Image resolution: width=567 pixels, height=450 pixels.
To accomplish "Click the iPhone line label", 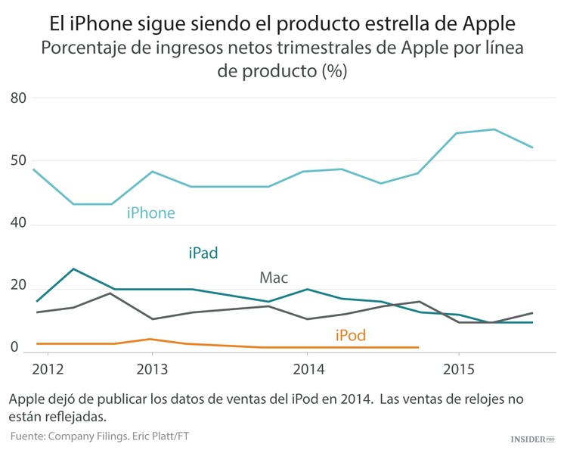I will click(x=150, y=213).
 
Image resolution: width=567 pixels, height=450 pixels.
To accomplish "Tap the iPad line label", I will click(x=203, y=253).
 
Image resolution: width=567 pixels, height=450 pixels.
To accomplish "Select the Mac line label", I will click(x=274, y=278).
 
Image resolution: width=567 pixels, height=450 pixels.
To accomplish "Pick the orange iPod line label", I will click(x=350, y=335).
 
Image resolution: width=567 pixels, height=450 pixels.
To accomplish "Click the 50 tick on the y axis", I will click(x=19, y=161).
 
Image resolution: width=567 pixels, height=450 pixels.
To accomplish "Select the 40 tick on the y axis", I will click(x=19, y=223).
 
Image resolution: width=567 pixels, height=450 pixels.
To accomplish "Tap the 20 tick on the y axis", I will click(x=19, y=286).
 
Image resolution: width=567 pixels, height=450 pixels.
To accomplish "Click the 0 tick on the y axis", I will click(x=14, y=348).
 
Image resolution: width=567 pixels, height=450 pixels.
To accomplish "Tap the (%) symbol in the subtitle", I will click(x=333, y=73).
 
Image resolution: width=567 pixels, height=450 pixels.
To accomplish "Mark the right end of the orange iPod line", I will click(x=418, y=347).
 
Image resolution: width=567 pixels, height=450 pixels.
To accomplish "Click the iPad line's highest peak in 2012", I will click(x=73, y=268).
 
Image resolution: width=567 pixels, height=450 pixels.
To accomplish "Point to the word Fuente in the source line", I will click(x=29, y=436).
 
